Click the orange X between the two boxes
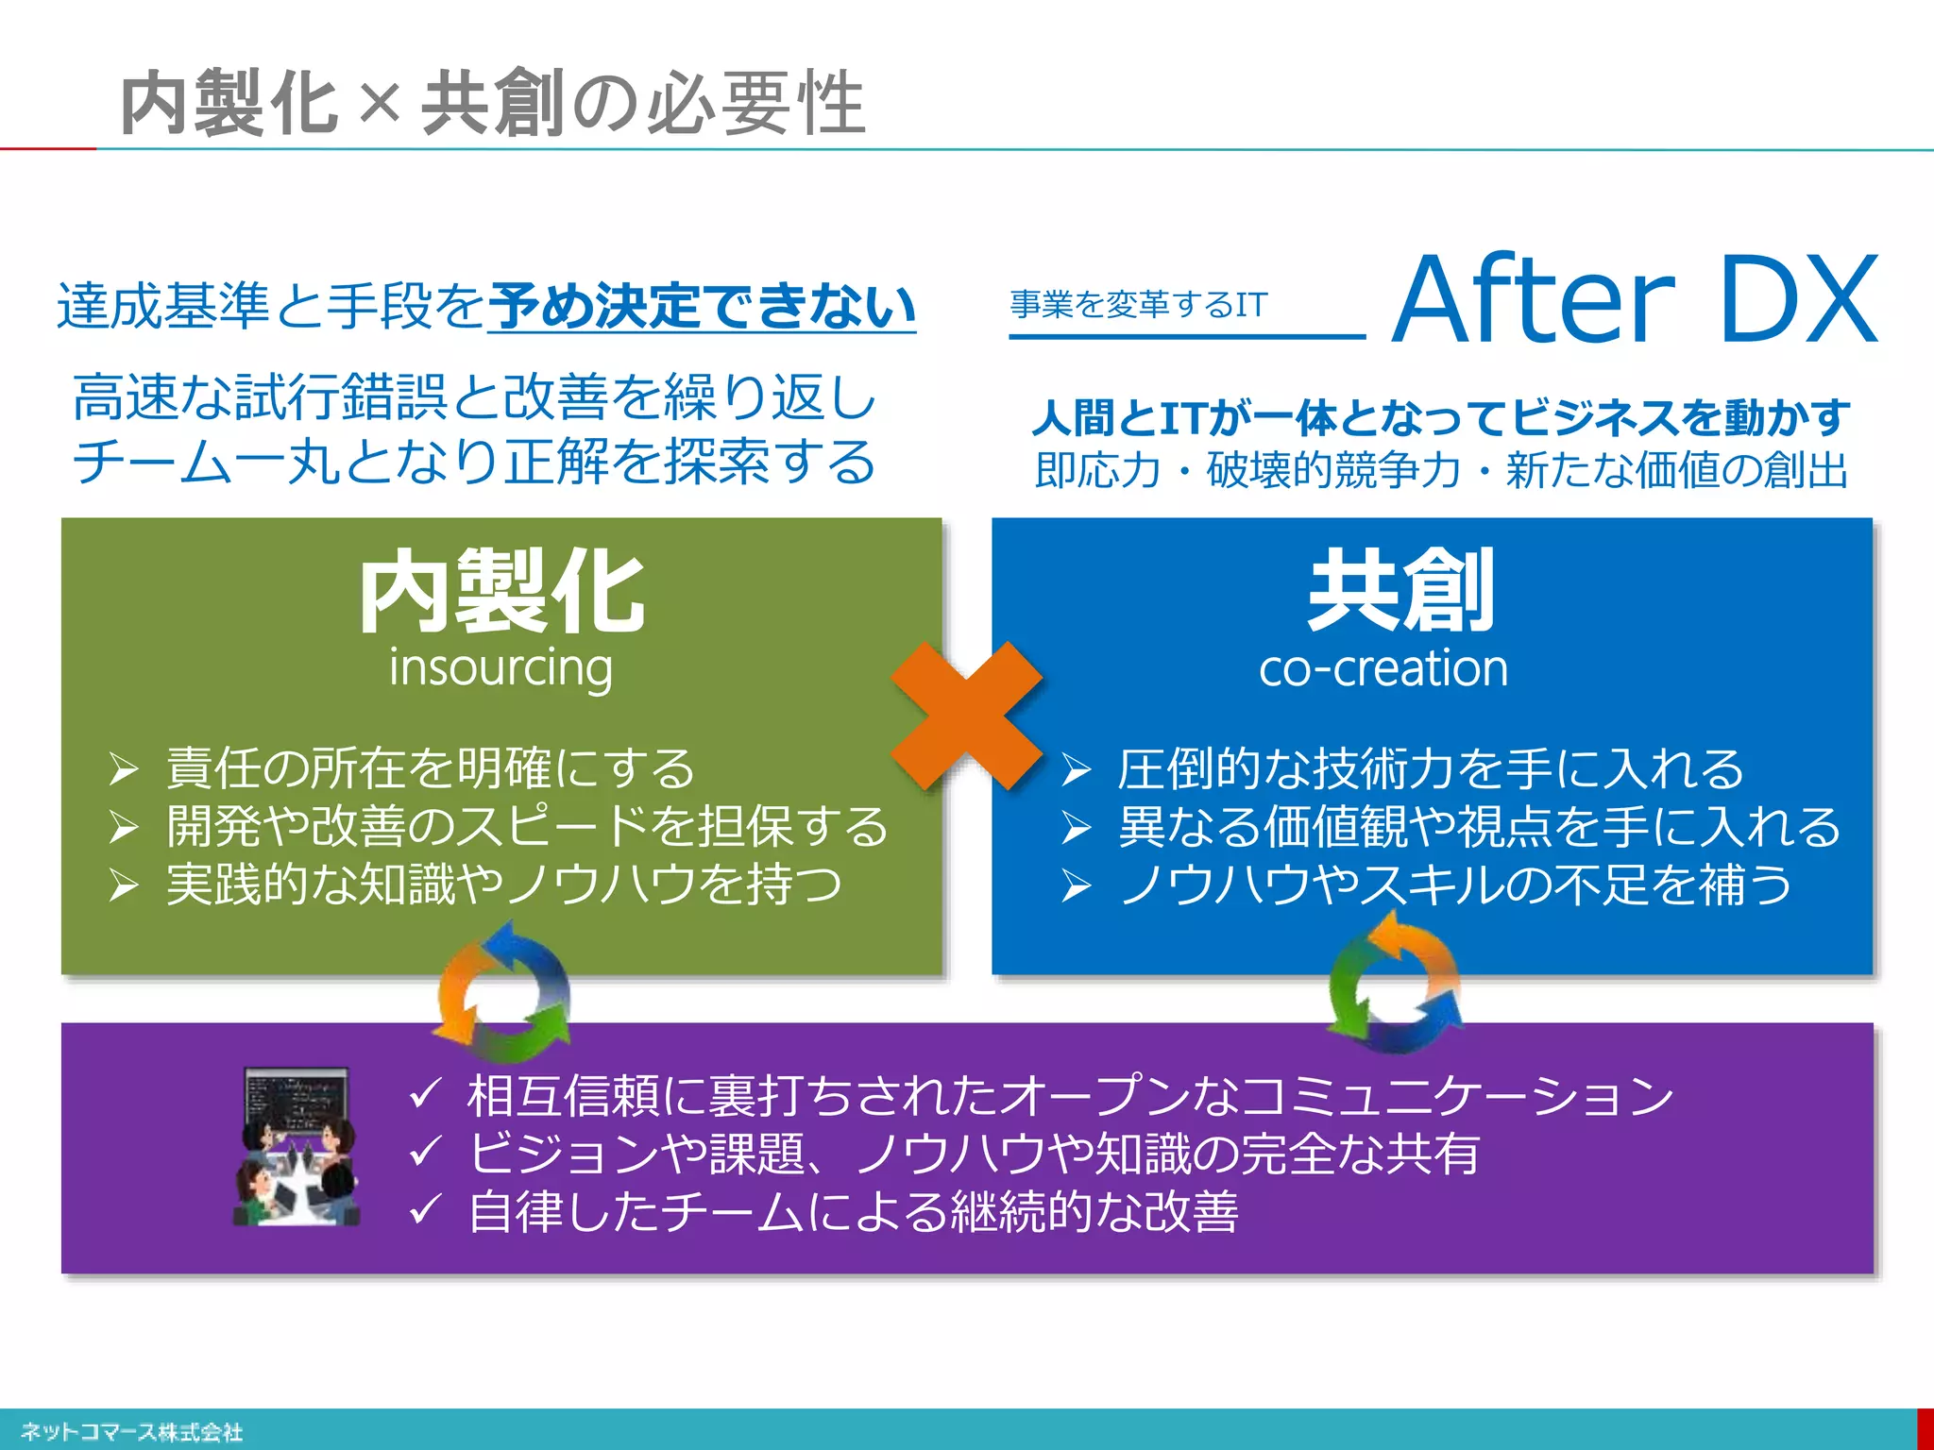pos(966,716)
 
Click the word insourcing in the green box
pos(500,668)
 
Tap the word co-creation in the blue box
pos(1383,668)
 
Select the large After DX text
pos(1635,300)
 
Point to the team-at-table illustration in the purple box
pos(297,1147)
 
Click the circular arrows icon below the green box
pos(503,991)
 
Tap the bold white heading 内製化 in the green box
pos(501,592)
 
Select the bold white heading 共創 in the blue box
pos(1401,590)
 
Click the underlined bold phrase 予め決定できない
pos(702,306)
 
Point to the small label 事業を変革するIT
pos(1139,304)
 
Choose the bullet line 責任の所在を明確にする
pos(431,768)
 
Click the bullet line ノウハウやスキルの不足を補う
pos(1454,885)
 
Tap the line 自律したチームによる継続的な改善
pos(853,1212)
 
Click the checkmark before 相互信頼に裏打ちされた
pos(426,1095)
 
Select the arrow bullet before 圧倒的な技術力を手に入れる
pos(1077,770)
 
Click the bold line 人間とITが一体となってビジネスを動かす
pos(1441,417)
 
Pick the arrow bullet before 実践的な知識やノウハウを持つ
pos(124,885)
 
